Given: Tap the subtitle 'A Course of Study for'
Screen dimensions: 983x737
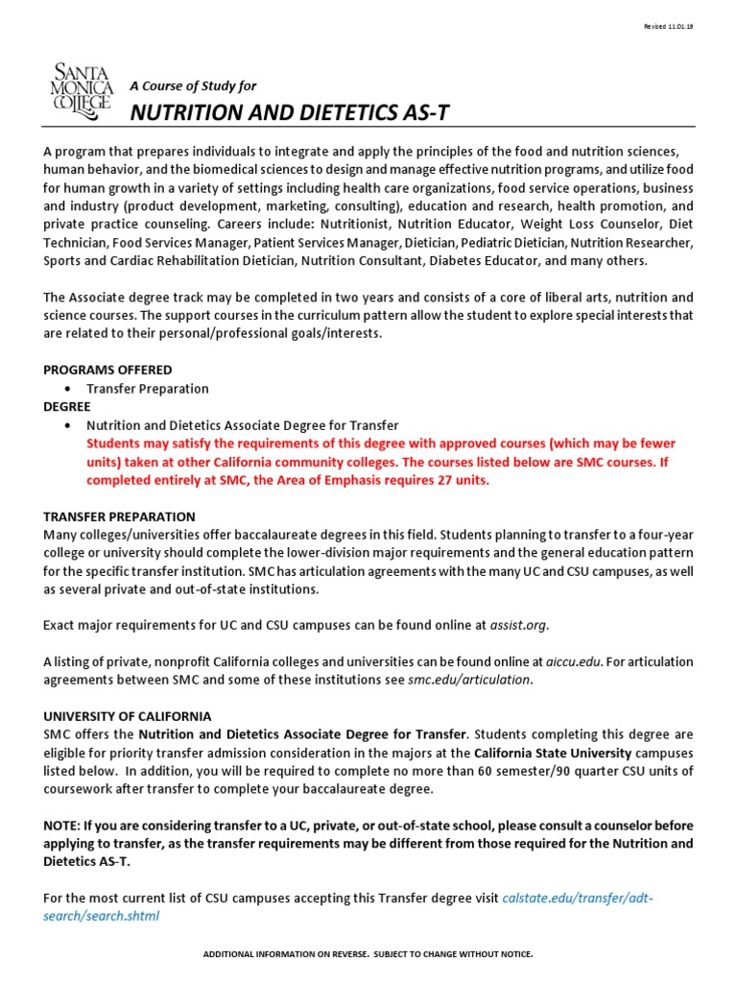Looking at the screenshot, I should coord(193,85).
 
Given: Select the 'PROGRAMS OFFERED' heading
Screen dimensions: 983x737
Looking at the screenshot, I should coord(108,370).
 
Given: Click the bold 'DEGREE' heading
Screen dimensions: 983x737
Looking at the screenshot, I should coord(67,406).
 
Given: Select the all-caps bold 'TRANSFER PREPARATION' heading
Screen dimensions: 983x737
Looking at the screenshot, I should coord(120,516).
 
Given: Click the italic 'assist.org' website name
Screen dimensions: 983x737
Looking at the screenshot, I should coord(519,625).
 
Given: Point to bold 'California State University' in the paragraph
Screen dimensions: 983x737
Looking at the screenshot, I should coord(553,753).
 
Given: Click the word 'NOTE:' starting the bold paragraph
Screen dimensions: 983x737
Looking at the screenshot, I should coord(63,826).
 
